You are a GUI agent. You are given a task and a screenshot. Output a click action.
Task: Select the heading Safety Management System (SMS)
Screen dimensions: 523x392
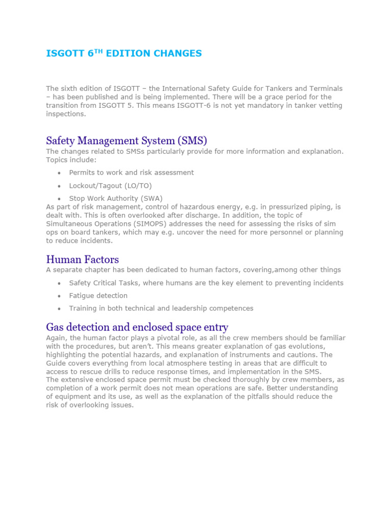(x=127, y=140)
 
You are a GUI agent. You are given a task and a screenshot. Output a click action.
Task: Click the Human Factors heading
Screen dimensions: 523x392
(x=82, y=259)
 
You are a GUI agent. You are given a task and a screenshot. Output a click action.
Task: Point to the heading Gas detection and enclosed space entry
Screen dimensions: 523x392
(x=137, y=327)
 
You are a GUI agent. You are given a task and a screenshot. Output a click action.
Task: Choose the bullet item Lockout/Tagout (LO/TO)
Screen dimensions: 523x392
(x=110, y=186)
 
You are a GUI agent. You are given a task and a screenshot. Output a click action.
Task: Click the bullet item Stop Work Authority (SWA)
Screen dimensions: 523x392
(x=116, y=199)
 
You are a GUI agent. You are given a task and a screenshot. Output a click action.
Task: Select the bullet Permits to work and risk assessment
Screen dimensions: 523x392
(x=131, y=173)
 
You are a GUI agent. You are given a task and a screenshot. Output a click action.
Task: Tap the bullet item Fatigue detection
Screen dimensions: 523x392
(x=98, y=296)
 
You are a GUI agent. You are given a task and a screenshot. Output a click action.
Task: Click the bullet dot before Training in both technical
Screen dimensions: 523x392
(x=60, y=309)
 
